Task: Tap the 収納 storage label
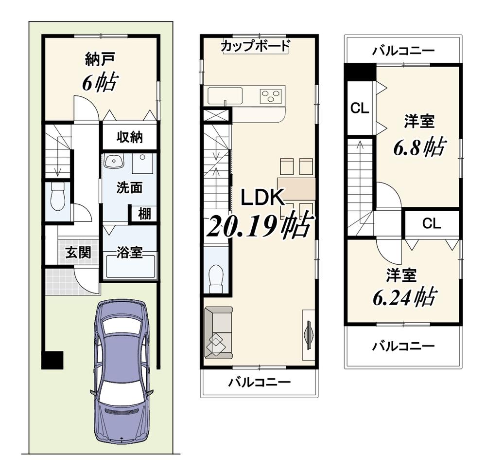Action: tap(130, 137)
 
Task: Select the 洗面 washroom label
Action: tap(129, 187)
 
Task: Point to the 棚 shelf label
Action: tap(144, 214)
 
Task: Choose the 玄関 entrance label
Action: tap(78, 253)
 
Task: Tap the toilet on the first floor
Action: tap(58, 197)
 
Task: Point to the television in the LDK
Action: tap(308, 335)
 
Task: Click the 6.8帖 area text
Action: tap(419, 146)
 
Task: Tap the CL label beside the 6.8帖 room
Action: tap(360, 108)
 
